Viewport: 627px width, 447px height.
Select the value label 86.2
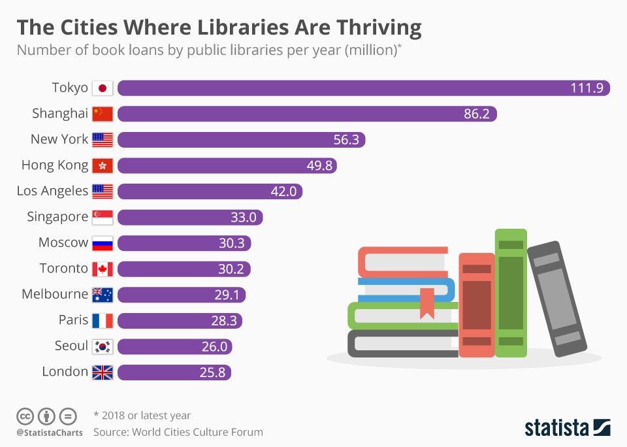click(x=477, y=114)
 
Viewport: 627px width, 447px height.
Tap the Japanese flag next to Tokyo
click(x=103, y=88)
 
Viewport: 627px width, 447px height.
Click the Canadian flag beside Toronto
click(x=103, y=269)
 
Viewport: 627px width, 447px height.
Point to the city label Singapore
click(x=57, y=217)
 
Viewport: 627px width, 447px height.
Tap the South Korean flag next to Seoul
click(x=103, y=346)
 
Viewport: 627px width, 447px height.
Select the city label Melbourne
click(x=54, y=294)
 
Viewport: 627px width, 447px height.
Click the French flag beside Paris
click(x=103, y=320)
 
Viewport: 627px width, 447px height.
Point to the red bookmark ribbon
click(x=427, y=303)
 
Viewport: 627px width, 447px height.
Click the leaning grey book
click(x=556, y=299)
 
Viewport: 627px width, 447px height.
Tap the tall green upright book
click(x=511, y=292)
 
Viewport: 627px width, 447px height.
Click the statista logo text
click(x=556, y=428)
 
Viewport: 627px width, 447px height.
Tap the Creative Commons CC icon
click(x=25, y=416)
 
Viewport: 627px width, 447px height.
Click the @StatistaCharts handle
click(x=50, y=433)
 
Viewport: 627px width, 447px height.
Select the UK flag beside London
click(x=103, y=372)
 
